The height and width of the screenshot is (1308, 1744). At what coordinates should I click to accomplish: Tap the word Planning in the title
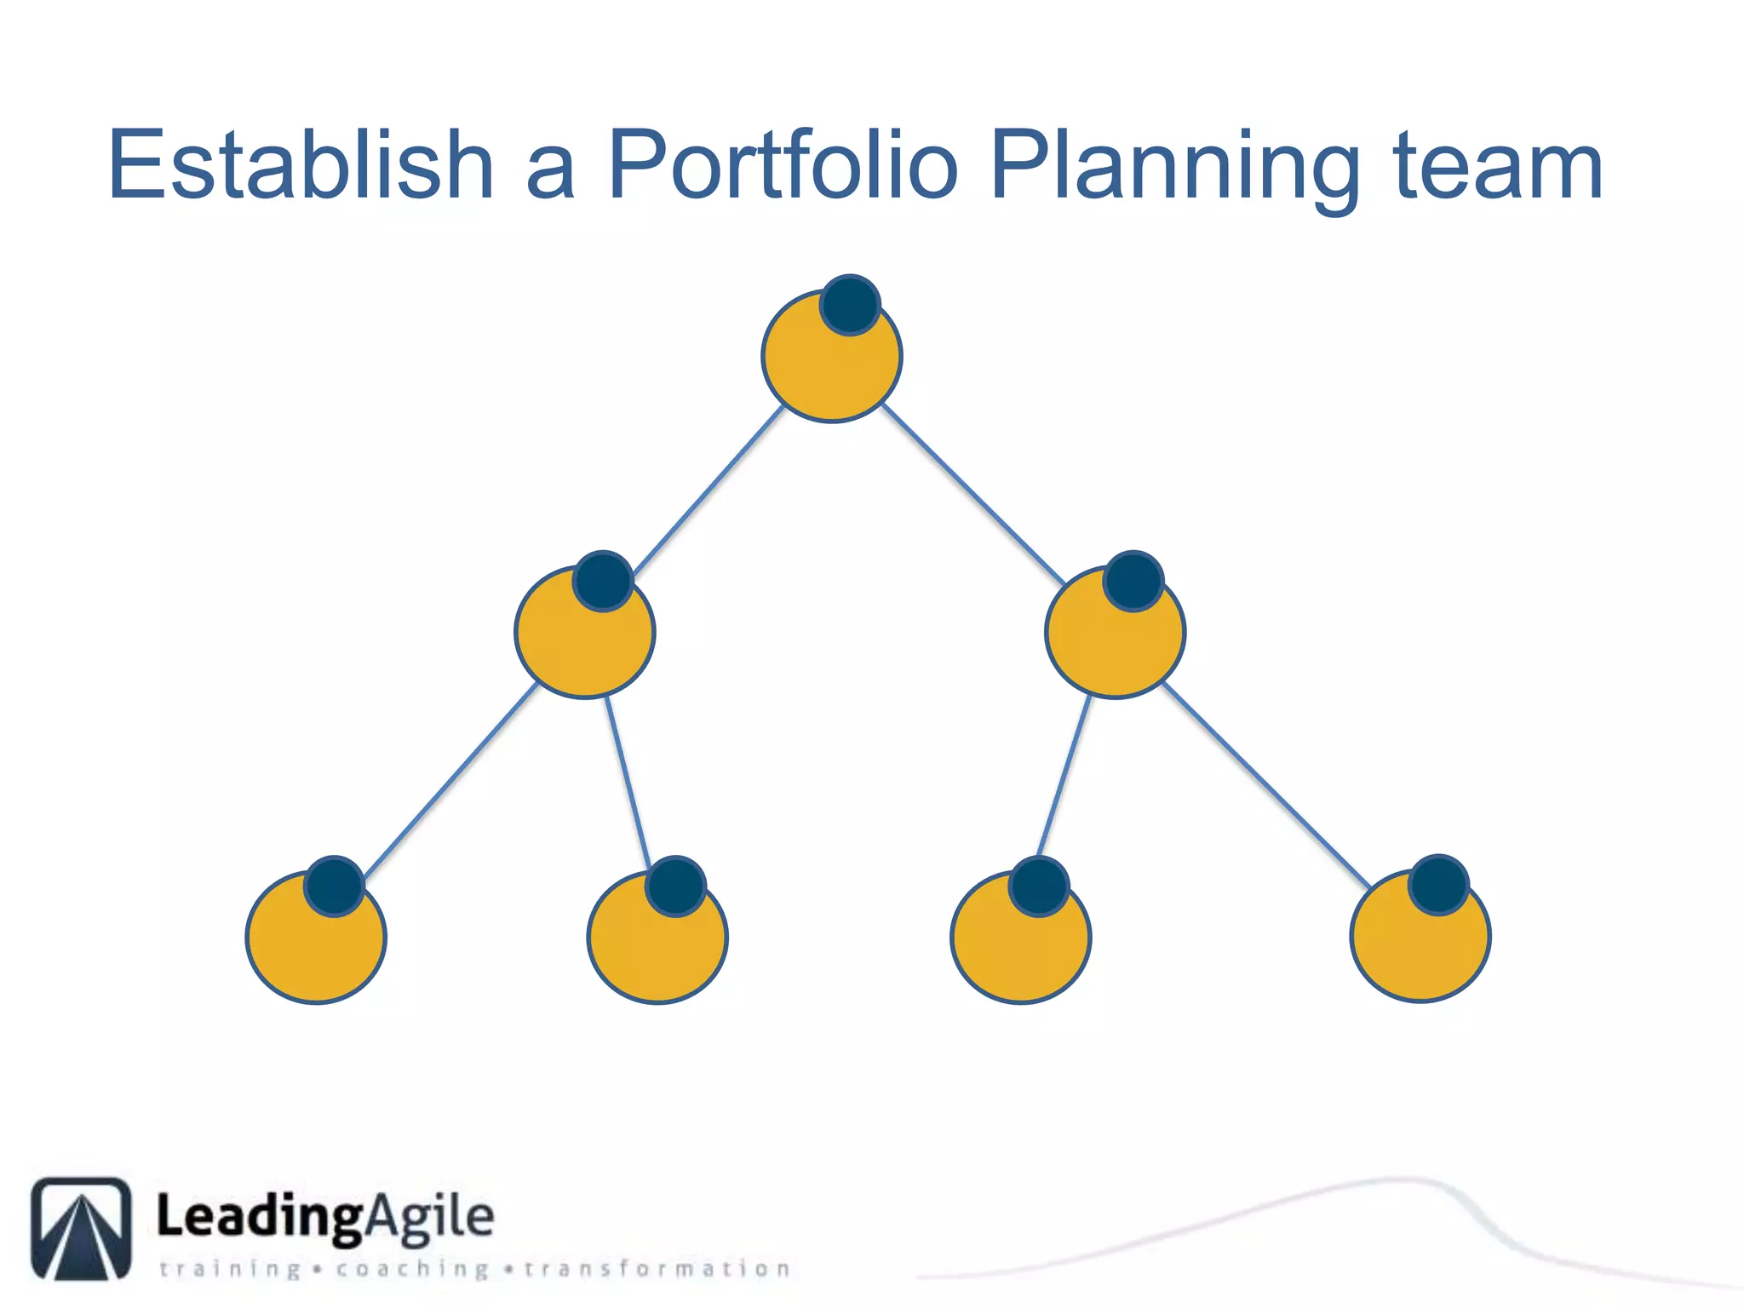[1175, 167]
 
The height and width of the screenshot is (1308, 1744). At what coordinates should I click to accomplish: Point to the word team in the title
[1498, 167]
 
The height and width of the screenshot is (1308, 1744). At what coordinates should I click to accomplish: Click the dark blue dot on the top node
[850, 305]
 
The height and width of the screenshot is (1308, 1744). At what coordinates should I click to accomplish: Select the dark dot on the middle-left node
[603, 582]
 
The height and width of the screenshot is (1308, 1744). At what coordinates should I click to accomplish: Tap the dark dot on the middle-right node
[1133, 582]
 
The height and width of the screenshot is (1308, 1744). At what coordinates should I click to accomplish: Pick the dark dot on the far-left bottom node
[335, 886]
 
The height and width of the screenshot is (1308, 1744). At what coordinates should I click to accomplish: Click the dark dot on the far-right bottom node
[1438, 885]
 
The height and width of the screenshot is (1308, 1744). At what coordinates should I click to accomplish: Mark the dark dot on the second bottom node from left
[675, 886]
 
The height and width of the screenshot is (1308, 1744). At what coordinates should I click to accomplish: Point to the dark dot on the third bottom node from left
[1039, 886]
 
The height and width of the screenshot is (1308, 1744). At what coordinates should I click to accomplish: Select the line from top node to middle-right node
[972, 494]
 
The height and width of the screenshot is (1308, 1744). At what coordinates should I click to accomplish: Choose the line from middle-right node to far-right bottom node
[1265, 784]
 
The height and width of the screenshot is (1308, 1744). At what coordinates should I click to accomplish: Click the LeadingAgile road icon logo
[82, 1228]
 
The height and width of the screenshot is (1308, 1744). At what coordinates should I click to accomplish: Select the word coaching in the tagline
[412, 1270]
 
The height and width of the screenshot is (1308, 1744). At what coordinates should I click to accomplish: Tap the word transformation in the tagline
[657, 1270]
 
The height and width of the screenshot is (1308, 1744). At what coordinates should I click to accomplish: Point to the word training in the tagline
[231, 1270]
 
